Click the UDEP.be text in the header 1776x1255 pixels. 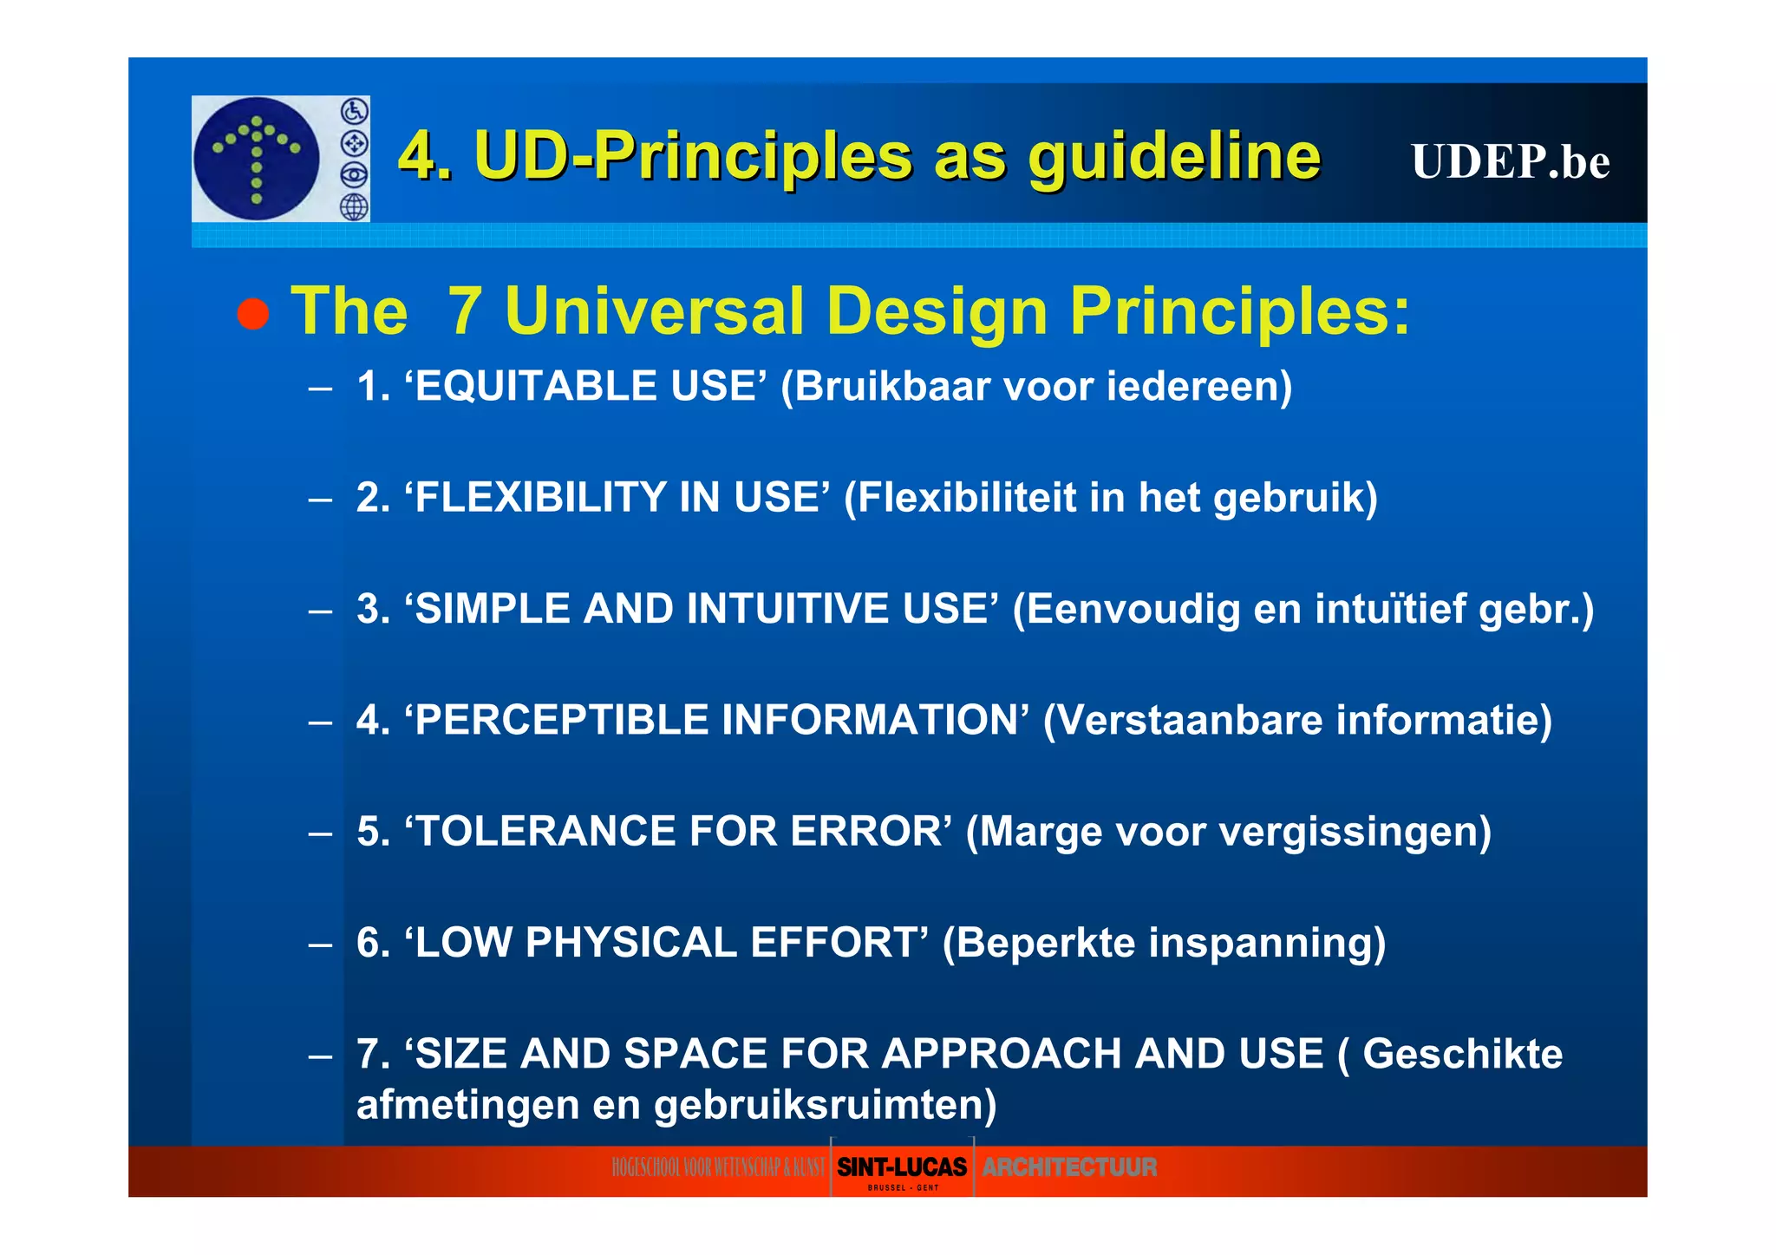point(1510,162)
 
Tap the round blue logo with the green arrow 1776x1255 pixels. point(257,159)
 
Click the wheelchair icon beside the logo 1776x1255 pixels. point(354,111)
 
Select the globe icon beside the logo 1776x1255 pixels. point(354,207)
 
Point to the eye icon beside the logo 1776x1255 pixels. point(354,175)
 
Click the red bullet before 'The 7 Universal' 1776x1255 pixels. point(252,313)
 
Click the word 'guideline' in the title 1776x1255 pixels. point(1174,157)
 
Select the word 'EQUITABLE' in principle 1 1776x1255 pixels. point(534,387)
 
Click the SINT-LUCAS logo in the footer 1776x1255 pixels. point(901,1168)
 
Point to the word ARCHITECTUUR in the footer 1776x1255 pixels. point(1069,1168)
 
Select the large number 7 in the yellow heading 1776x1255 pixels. point(465,311)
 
